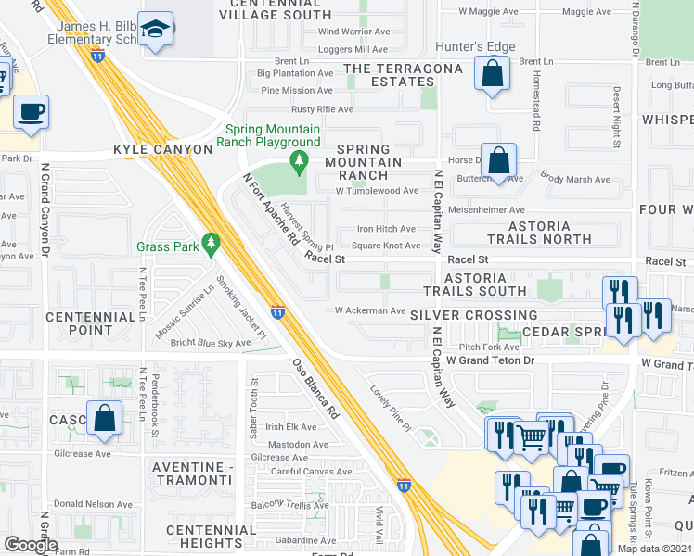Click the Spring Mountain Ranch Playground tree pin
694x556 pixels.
(298, 163)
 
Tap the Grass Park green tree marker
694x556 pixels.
(212, 245)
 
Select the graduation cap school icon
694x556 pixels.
(159, 31)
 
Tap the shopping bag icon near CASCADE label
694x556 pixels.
(104, 418)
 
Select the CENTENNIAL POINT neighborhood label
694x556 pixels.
(91, 323)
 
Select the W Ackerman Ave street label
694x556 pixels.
(370, 311)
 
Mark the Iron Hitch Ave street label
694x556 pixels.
(386, 229)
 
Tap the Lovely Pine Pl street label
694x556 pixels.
(391, 407)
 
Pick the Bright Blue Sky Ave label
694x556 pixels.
(211, 343)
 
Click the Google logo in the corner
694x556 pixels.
(30, 545)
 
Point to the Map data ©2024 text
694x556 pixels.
(654, 549)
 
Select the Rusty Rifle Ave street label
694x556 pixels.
(321, 109)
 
